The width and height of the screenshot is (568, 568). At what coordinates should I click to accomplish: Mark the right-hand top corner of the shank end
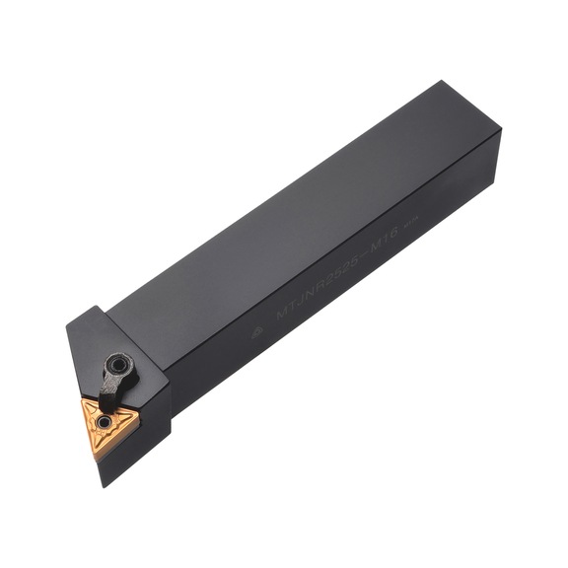click(x=501, y=131)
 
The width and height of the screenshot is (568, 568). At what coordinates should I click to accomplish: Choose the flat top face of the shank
click(x=296, y=207)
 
